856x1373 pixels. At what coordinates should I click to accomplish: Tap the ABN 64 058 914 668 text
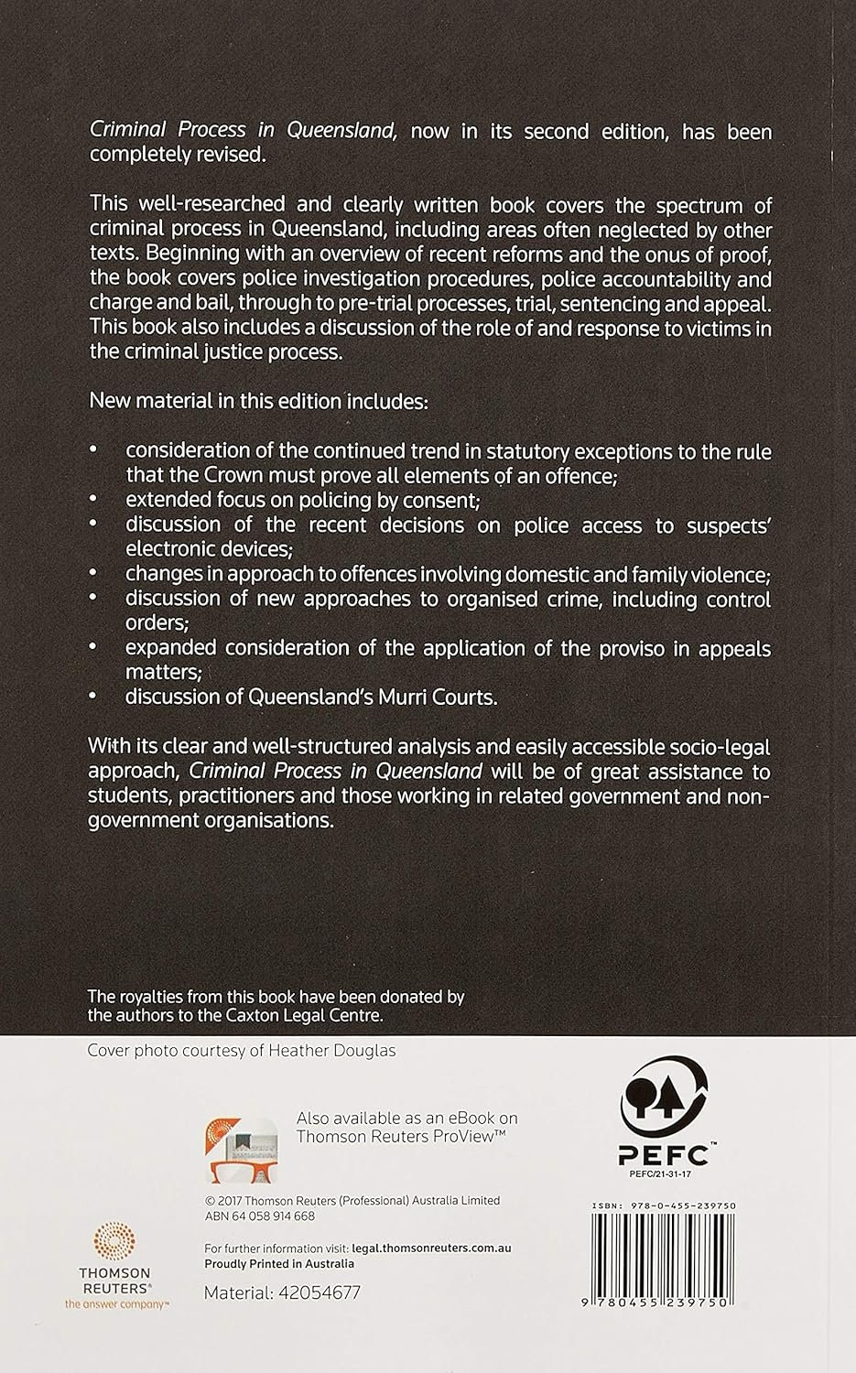pos(260,1216)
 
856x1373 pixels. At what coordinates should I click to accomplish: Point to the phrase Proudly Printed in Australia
pos(278,1263)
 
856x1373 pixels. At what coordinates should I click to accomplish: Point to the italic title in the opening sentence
pos(243,131)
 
